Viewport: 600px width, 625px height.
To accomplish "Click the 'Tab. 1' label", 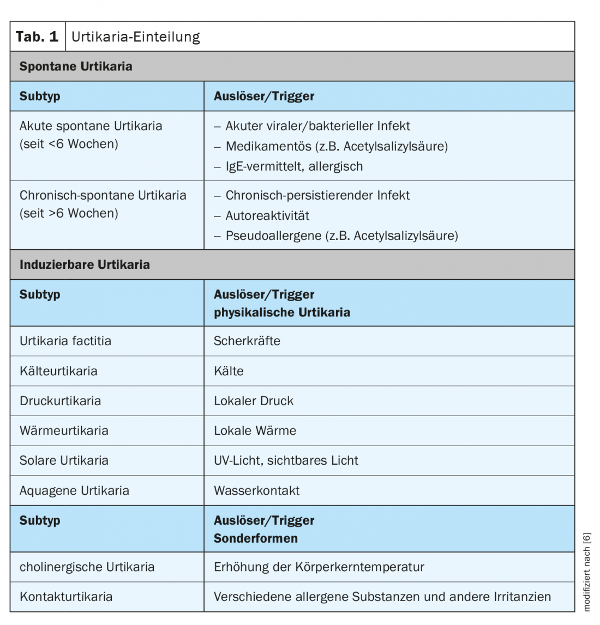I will pos(37,37).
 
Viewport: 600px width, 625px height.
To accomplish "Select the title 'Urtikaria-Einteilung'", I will pos(136,37).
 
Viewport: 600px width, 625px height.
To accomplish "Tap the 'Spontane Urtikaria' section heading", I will pos(76,67).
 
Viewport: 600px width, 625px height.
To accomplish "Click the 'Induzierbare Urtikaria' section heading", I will pos(85,265).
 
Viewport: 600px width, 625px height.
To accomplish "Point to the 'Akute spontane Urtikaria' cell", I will pos(91,126).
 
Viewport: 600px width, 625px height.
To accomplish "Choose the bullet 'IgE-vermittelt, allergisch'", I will pos(294,166).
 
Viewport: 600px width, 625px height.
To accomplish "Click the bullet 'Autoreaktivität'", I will pos(267,215).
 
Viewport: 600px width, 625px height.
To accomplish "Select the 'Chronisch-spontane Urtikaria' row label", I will pos(103,195).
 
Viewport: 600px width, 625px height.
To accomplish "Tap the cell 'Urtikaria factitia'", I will pos(65,341).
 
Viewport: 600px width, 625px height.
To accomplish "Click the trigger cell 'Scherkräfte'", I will pos(247,341).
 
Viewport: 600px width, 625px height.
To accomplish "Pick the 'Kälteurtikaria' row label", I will pos(58,371).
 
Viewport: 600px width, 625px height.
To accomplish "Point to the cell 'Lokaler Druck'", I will pos(254,401).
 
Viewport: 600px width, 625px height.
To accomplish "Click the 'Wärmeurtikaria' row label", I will pos(64,430).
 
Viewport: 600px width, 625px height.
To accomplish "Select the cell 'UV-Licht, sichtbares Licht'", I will pos(286,460).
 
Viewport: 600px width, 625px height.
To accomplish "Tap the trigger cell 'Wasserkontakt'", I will pos(256,490).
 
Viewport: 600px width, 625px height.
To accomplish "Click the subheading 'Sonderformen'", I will pos(256,538).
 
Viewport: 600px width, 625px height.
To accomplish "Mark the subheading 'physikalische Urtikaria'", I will pos(282,312).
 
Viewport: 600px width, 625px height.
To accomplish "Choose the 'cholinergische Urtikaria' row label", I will pos(87,567).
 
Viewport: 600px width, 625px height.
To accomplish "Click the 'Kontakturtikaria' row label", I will pos(66,597).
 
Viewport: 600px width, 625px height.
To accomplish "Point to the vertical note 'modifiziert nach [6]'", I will pos(587,572).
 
